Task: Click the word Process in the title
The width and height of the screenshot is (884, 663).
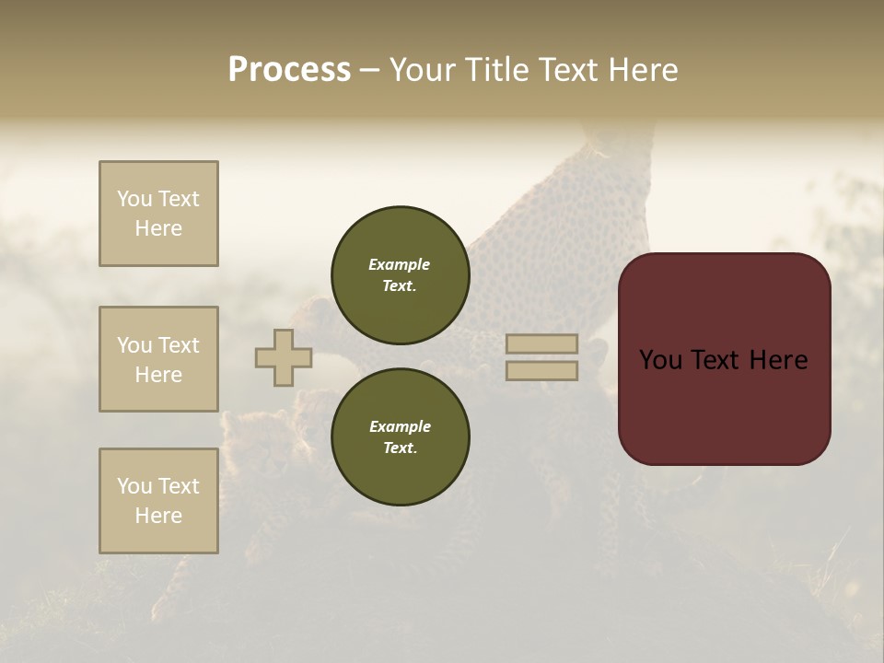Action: (289, 70)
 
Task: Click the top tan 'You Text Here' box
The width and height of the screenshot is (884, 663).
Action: (158, 214)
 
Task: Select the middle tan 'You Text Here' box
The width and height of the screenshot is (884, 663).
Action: (158, 359)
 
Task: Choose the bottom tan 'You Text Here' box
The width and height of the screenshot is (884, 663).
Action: (158, 501)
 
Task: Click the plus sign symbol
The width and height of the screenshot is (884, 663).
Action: (284, 357)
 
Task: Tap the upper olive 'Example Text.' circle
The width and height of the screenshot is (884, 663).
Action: (401, 274)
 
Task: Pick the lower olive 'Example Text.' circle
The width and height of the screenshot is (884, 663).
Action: (401, 436)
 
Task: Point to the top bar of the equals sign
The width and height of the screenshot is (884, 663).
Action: (541, 343)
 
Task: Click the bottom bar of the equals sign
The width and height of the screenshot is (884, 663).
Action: (541, 370)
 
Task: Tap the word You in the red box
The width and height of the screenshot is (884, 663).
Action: (660, 360)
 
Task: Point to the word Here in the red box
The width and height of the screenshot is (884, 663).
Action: (779, 360)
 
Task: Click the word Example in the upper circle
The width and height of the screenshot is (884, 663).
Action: (400, 264)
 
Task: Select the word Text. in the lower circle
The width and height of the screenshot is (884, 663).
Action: (400, 448)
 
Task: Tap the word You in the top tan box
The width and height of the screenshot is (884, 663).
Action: (134, 199)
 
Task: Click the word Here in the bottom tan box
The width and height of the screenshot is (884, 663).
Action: (158, 516)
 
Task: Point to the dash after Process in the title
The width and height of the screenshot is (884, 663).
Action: (369, 70)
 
